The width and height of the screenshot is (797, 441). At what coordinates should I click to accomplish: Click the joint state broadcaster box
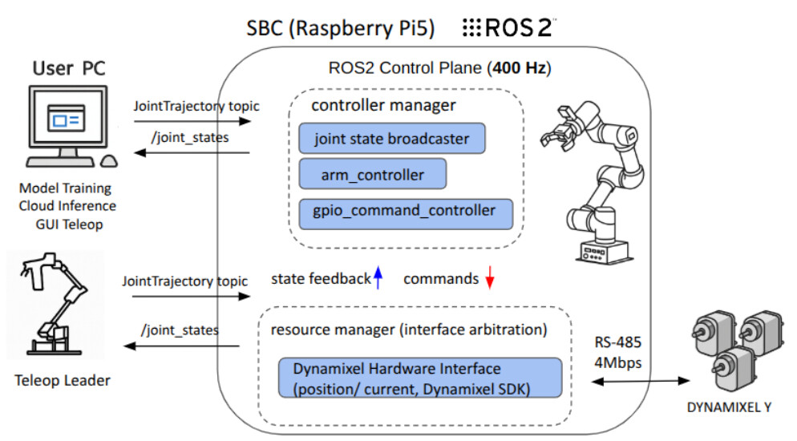[391, 139]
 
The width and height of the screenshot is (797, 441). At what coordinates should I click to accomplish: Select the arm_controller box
[372, 174]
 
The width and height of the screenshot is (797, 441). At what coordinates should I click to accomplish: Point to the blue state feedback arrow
[379, 277]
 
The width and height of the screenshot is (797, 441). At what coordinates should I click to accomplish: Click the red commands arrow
[490, 278]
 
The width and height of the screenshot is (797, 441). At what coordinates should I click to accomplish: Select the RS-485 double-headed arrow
[639, 379]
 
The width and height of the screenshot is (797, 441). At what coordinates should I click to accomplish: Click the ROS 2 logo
[510, 30]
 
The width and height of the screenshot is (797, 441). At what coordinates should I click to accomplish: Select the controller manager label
[383, 105]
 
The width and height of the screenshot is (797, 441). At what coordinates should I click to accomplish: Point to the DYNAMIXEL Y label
[729, 407]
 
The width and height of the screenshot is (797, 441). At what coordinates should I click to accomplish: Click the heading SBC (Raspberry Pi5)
[340, 30]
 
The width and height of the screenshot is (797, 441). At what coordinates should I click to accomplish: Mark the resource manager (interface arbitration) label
[409, 330]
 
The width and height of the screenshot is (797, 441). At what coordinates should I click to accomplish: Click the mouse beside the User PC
[109, 159]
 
